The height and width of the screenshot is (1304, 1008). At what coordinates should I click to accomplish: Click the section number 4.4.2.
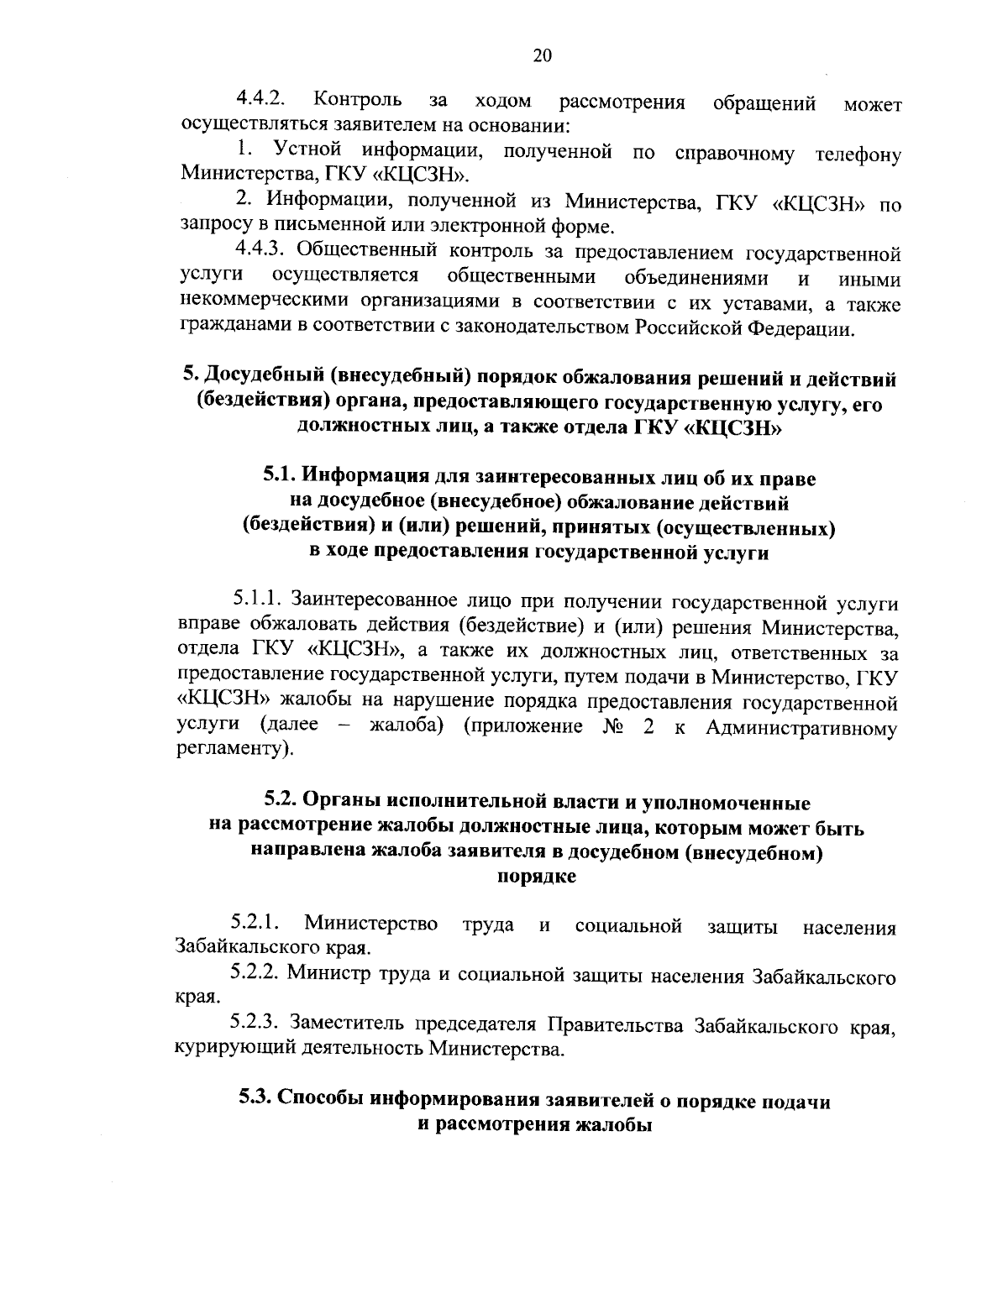[257, 100]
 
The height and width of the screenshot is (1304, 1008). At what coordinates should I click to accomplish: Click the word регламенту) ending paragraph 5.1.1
[236, 749]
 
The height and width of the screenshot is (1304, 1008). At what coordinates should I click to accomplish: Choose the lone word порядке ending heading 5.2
[537, 877]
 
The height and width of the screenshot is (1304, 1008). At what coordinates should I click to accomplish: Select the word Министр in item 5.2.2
[326, 975]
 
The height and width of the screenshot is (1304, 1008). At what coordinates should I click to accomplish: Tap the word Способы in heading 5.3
[321, 1101]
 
